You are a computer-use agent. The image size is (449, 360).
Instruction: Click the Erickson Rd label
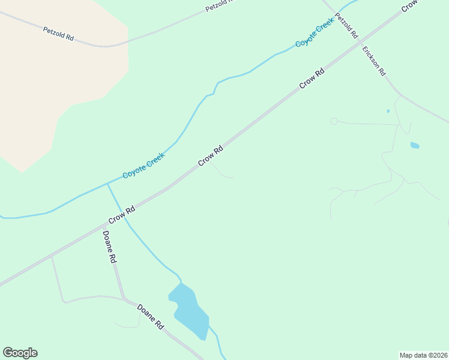click(x=373, y=61)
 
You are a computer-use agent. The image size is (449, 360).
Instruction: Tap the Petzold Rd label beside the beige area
click(x=58, y=33)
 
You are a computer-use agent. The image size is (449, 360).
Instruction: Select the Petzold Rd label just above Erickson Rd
click(x=346, y=26)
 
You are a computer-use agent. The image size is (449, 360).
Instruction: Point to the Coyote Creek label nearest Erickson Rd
click(x=314, y=34)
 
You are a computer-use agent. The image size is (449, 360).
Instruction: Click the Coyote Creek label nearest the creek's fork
click(x=143, y=166)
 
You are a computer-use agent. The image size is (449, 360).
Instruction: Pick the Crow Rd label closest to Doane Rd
click(x=122, y=214)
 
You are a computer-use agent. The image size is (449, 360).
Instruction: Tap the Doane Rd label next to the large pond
click(x=151, y=317)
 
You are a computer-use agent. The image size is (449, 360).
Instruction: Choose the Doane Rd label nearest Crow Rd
click(x=109, y=247)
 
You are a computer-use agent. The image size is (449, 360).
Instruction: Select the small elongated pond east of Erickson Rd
click(x=414, y=145)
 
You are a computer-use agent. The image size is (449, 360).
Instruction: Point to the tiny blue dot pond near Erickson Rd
click(x=388, y=111)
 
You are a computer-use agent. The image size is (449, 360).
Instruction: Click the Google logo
click(x=20, y=353)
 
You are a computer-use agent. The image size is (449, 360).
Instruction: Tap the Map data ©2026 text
click(x=423, y=355)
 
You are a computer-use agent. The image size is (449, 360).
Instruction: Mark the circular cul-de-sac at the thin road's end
click(x=334, y=121)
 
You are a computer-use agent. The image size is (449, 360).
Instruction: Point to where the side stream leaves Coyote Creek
click(x=107, y=184)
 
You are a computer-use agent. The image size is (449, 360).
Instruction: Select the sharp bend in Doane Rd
click(x=124, y=298)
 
